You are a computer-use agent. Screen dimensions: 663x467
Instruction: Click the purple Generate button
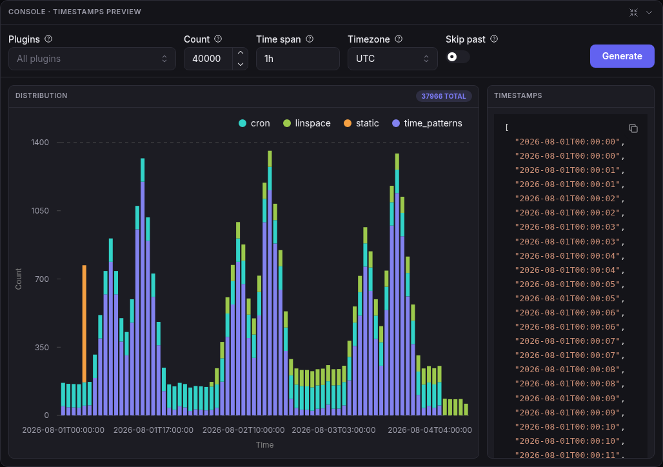[622, 56]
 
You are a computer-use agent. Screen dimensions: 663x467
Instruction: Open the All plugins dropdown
[92, 58]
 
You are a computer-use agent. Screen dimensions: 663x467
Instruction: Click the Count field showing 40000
[208, 58]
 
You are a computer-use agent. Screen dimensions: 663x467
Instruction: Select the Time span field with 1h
[298, 58]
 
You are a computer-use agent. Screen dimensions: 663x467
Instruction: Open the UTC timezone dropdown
[392, 58]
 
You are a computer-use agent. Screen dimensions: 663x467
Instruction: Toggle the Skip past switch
[457, 57]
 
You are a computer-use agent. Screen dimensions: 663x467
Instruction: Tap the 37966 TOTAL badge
[444, 96]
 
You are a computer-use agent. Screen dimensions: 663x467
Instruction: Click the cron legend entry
[254, 123]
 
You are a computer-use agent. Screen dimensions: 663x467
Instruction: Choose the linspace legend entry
[306, 123]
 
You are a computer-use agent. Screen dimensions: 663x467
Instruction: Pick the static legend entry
[361, 123]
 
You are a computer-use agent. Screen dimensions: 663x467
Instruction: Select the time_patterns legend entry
[427, 123]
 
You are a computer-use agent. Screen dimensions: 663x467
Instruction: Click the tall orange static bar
[84, 324]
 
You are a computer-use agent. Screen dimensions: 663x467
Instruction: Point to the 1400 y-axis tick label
[40, 142]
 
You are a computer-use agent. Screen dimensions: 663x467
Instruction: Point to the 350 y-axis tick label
[42, 347]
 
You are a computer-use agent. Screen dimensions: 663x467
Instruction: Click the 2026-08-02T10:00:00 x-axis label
[244, 430]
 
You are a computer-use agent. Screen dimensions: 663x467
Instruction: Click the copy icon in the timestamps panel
[633, 128]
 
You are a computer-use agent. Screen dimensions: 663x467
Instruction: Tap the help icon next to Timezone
[399, 39]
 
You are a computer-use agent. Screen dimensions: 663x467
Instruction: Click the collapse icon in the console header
[633, 13]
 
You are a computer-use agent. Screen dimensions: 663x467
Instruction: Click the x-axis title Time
[264, 444]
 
